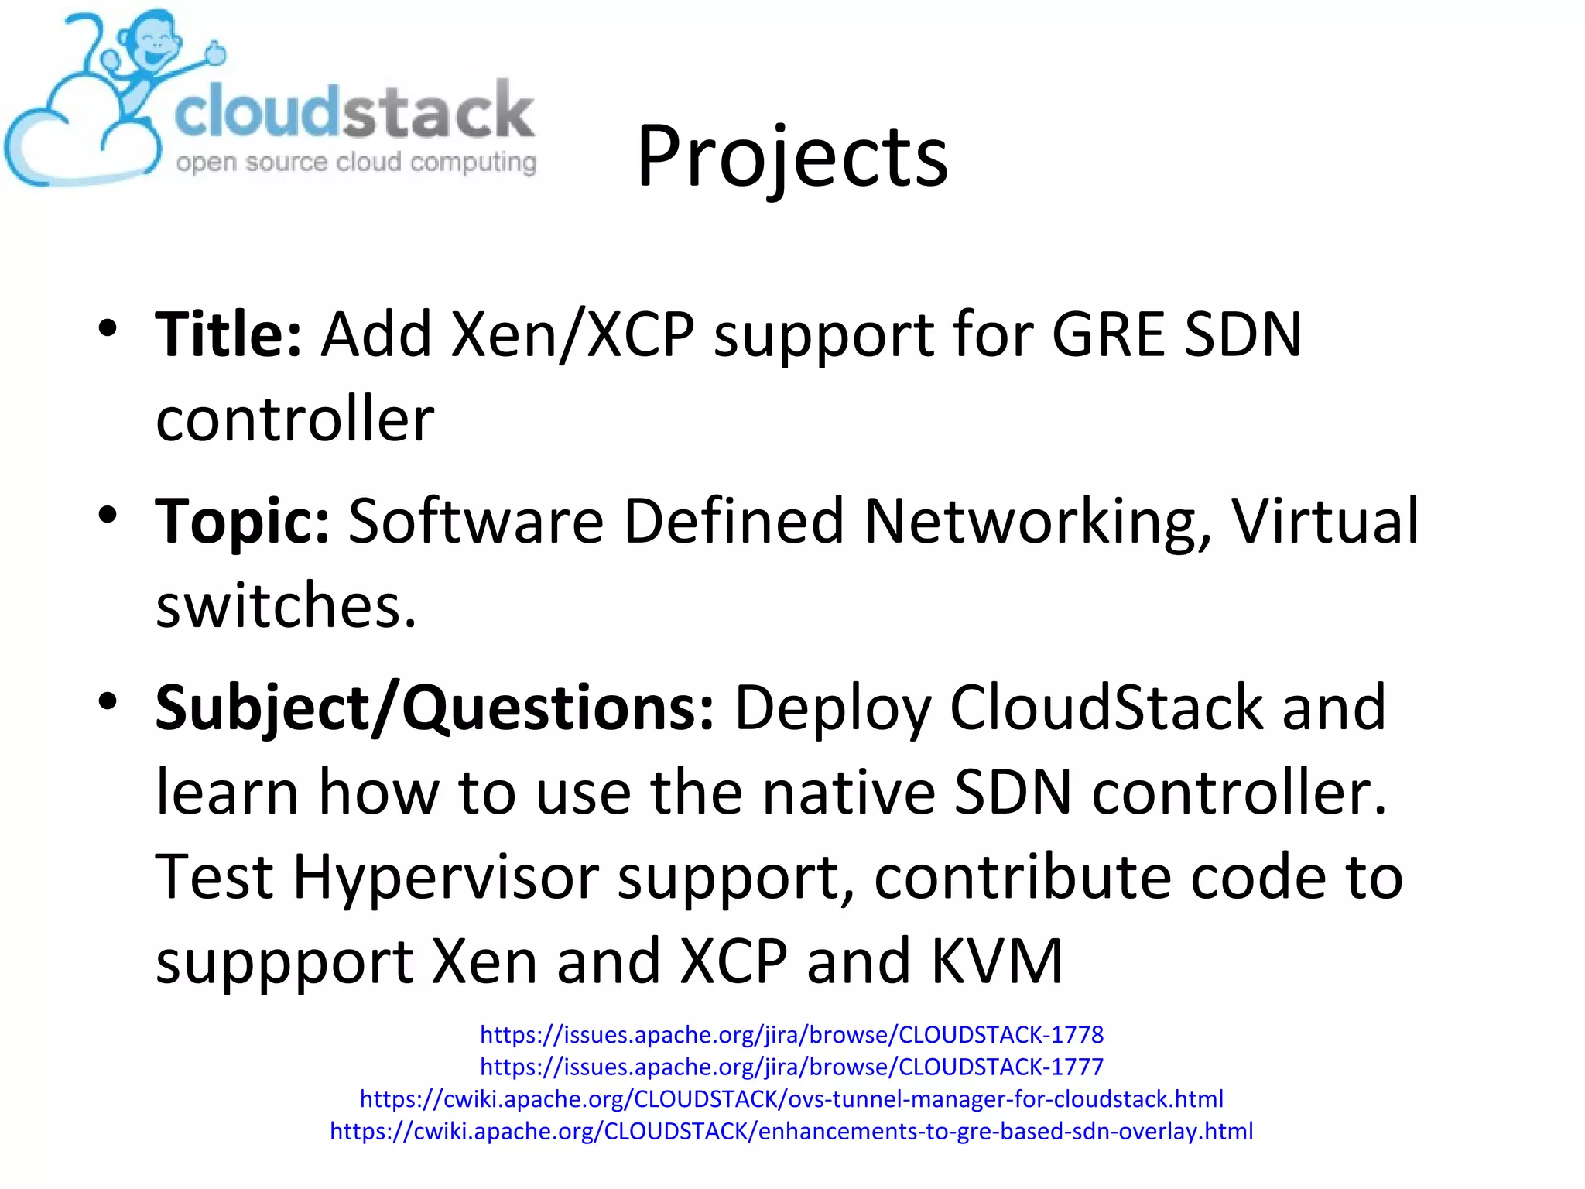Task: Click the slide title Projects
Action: coord(792,157)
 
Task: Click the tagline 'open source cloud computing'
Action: coord(356,163)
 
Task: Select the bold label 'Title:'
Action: coord(228,334)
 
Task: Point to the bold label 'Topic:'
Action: coord(242,521)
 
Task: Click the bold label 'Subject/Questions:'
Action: coord(434,708)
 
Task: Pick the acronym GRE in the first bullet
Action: coord(1107,334)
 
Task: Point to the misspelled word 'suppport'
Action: coord(284,962)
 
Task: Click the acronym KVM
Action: coord(997,961)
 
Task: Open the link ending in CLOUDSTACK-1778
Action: coord(792,1035)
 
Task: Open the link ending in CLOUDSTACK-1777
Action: coord(792,1067)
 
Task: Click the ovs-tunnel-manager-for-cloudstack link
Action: coord(792,1099)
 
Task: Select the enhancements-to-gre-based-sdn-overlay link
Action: coord(792,1132)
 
